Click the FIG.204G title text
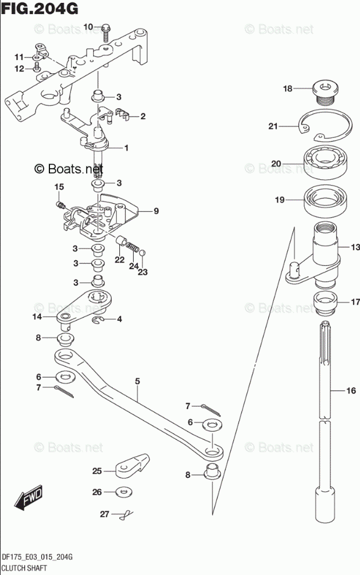pos(40,9)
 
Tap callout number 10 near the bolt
pos(88,27)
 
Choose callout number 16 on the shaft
pos(351,391)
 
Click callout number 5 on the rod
pos(138,382)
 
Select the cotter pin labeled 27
pos(124,514)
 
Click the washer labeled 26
pos(123,492)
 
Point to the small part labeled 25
pos(130,465)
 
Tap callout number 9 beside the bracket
pos(156,211)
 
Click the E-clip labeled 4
pos(99,320)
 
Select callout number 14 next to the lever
pos(37,317)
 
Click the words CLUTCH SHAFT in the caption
pos(24,567)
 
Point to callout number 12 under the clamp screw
pos(20,69)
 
